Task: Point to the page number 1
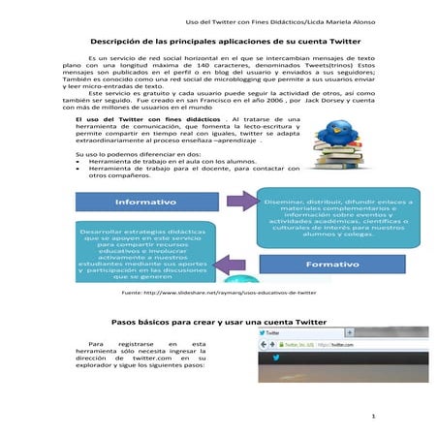click(372, 418)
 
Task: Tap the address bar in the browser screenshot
click(320, 344)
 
